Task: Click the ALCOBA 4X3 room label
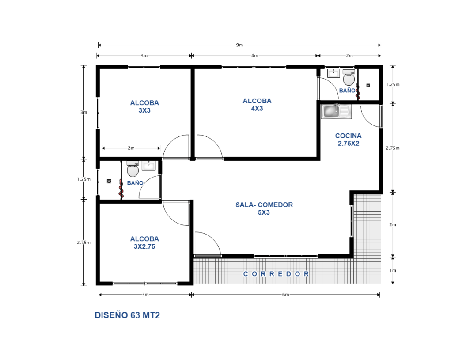click(257, 105)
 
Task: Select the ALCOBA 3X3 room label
click(144, 106)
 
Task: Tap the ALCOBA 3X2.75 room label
click(144, 243)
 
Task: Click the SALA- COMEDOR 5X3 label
click(264, 208)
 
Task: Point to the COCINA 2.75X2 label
click(348, 140)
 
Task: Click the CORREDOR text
click(276, 274)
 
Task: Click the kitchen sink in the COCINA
click(336, 111)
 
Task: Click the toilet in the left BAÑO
click(133, 169)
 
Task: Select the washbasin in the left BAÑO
click(148, 166)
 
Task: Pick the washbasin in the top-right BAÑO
click(333, 73)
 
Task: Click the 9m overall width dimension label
click(239, 45)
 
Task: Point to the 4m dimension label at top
click(254, 56)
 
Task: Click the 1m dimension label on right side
click(393, 270)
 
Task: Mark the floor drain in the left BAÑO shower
click(109, 181)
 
